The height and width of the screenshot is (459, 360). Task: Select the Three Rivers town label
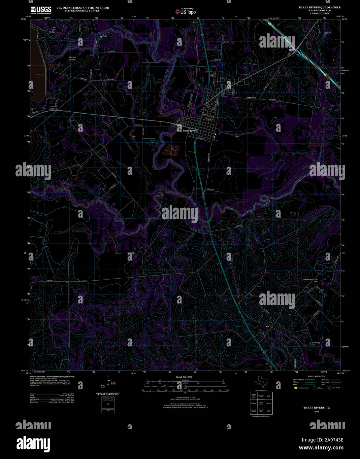coord(190,131)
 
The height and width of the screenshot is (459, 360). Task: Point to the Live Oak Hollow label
coord(51,30)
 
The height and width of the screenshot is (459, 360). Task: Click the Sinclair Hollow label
coord(72,58)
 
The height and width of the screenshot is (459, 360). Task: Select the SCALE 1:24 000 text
coord(184,377)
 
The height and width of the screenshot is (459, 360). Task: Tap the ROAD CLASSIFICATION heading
coord(317,376)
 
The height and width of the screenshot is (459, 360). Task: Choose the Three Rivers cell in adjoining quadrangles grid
coord(261,403)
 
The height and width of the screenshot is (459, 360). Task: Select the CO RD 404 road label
coord(138,125)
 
